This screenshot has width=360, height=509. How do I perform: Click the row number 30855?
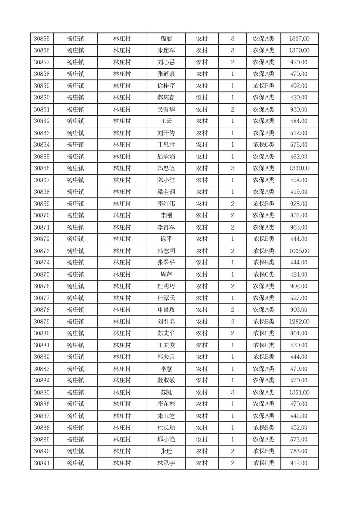pos(42,39)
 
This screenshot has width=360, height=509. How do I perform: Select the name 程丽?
pos(166,39)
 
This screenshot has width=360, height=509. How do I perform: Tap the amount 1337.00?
pos(299,39)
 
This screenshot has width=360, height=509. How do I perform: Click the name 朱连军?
pos(166,51)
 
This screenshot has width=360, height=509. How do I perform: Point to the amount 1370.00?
pos(299,51)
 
